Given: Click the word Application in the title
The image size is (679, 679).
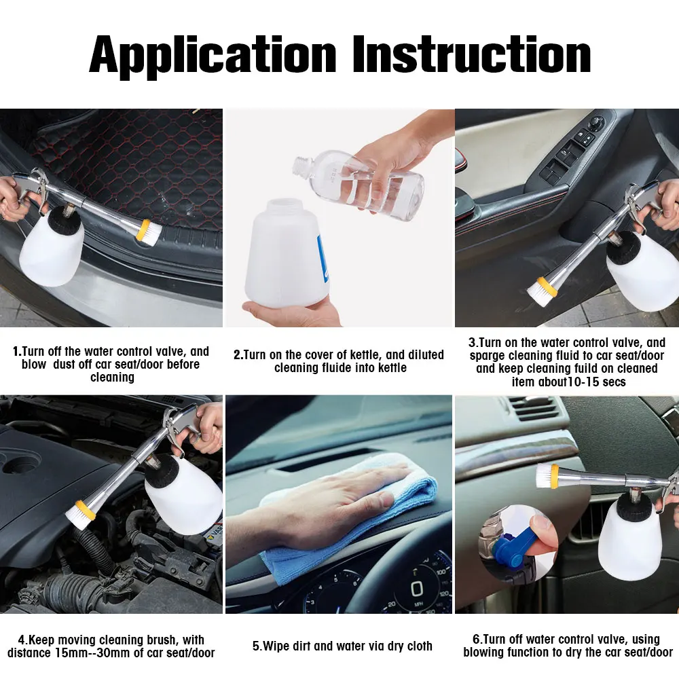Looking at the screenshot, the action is tap(213, 55).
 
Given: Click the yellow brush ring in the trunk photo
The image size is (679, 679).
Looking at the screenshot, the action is tap(143, 230).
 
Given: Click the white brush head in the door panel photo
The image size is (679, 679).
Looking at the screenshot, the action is tap(536, 291).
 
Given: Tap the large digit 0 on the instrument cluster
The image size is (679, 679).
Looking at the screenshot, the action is tap(416, 589).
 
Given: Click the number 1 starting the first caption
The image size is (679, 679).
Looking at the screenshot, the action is tap(16, 351).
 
